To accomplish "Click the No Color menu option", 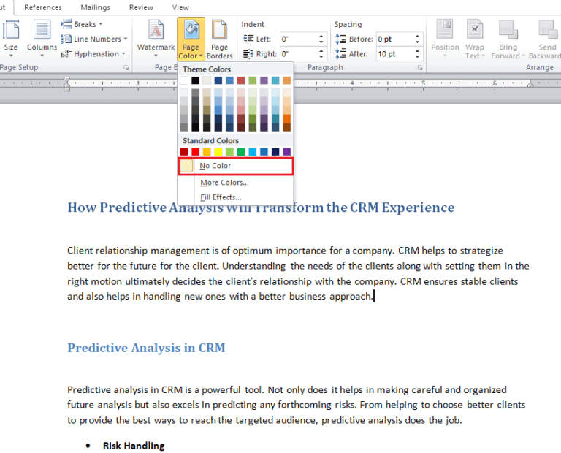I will tap(215, 167).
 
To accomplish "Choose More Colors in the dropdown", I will tap(224, 183).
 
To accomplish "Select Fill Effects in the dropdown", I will tap(221, 197).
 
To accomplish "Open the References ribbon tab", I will tap(43, 7).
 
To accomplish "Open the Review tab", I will tap(141, 7).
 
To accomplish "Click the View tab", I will tap(180, 7).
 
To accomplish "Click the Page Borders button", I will tap(219, 39).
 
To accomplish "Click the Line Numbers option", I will tap(97, 39).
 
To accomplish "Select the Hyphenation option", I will tap(96, 53).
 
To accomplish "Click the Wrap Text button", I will tap(475, 39).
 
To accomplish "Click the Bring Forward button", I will tap(508, 39).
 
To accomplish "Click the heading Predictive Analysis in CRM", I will tap(146, 348).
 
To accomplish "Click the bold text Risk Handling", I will tap(134, 446).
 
